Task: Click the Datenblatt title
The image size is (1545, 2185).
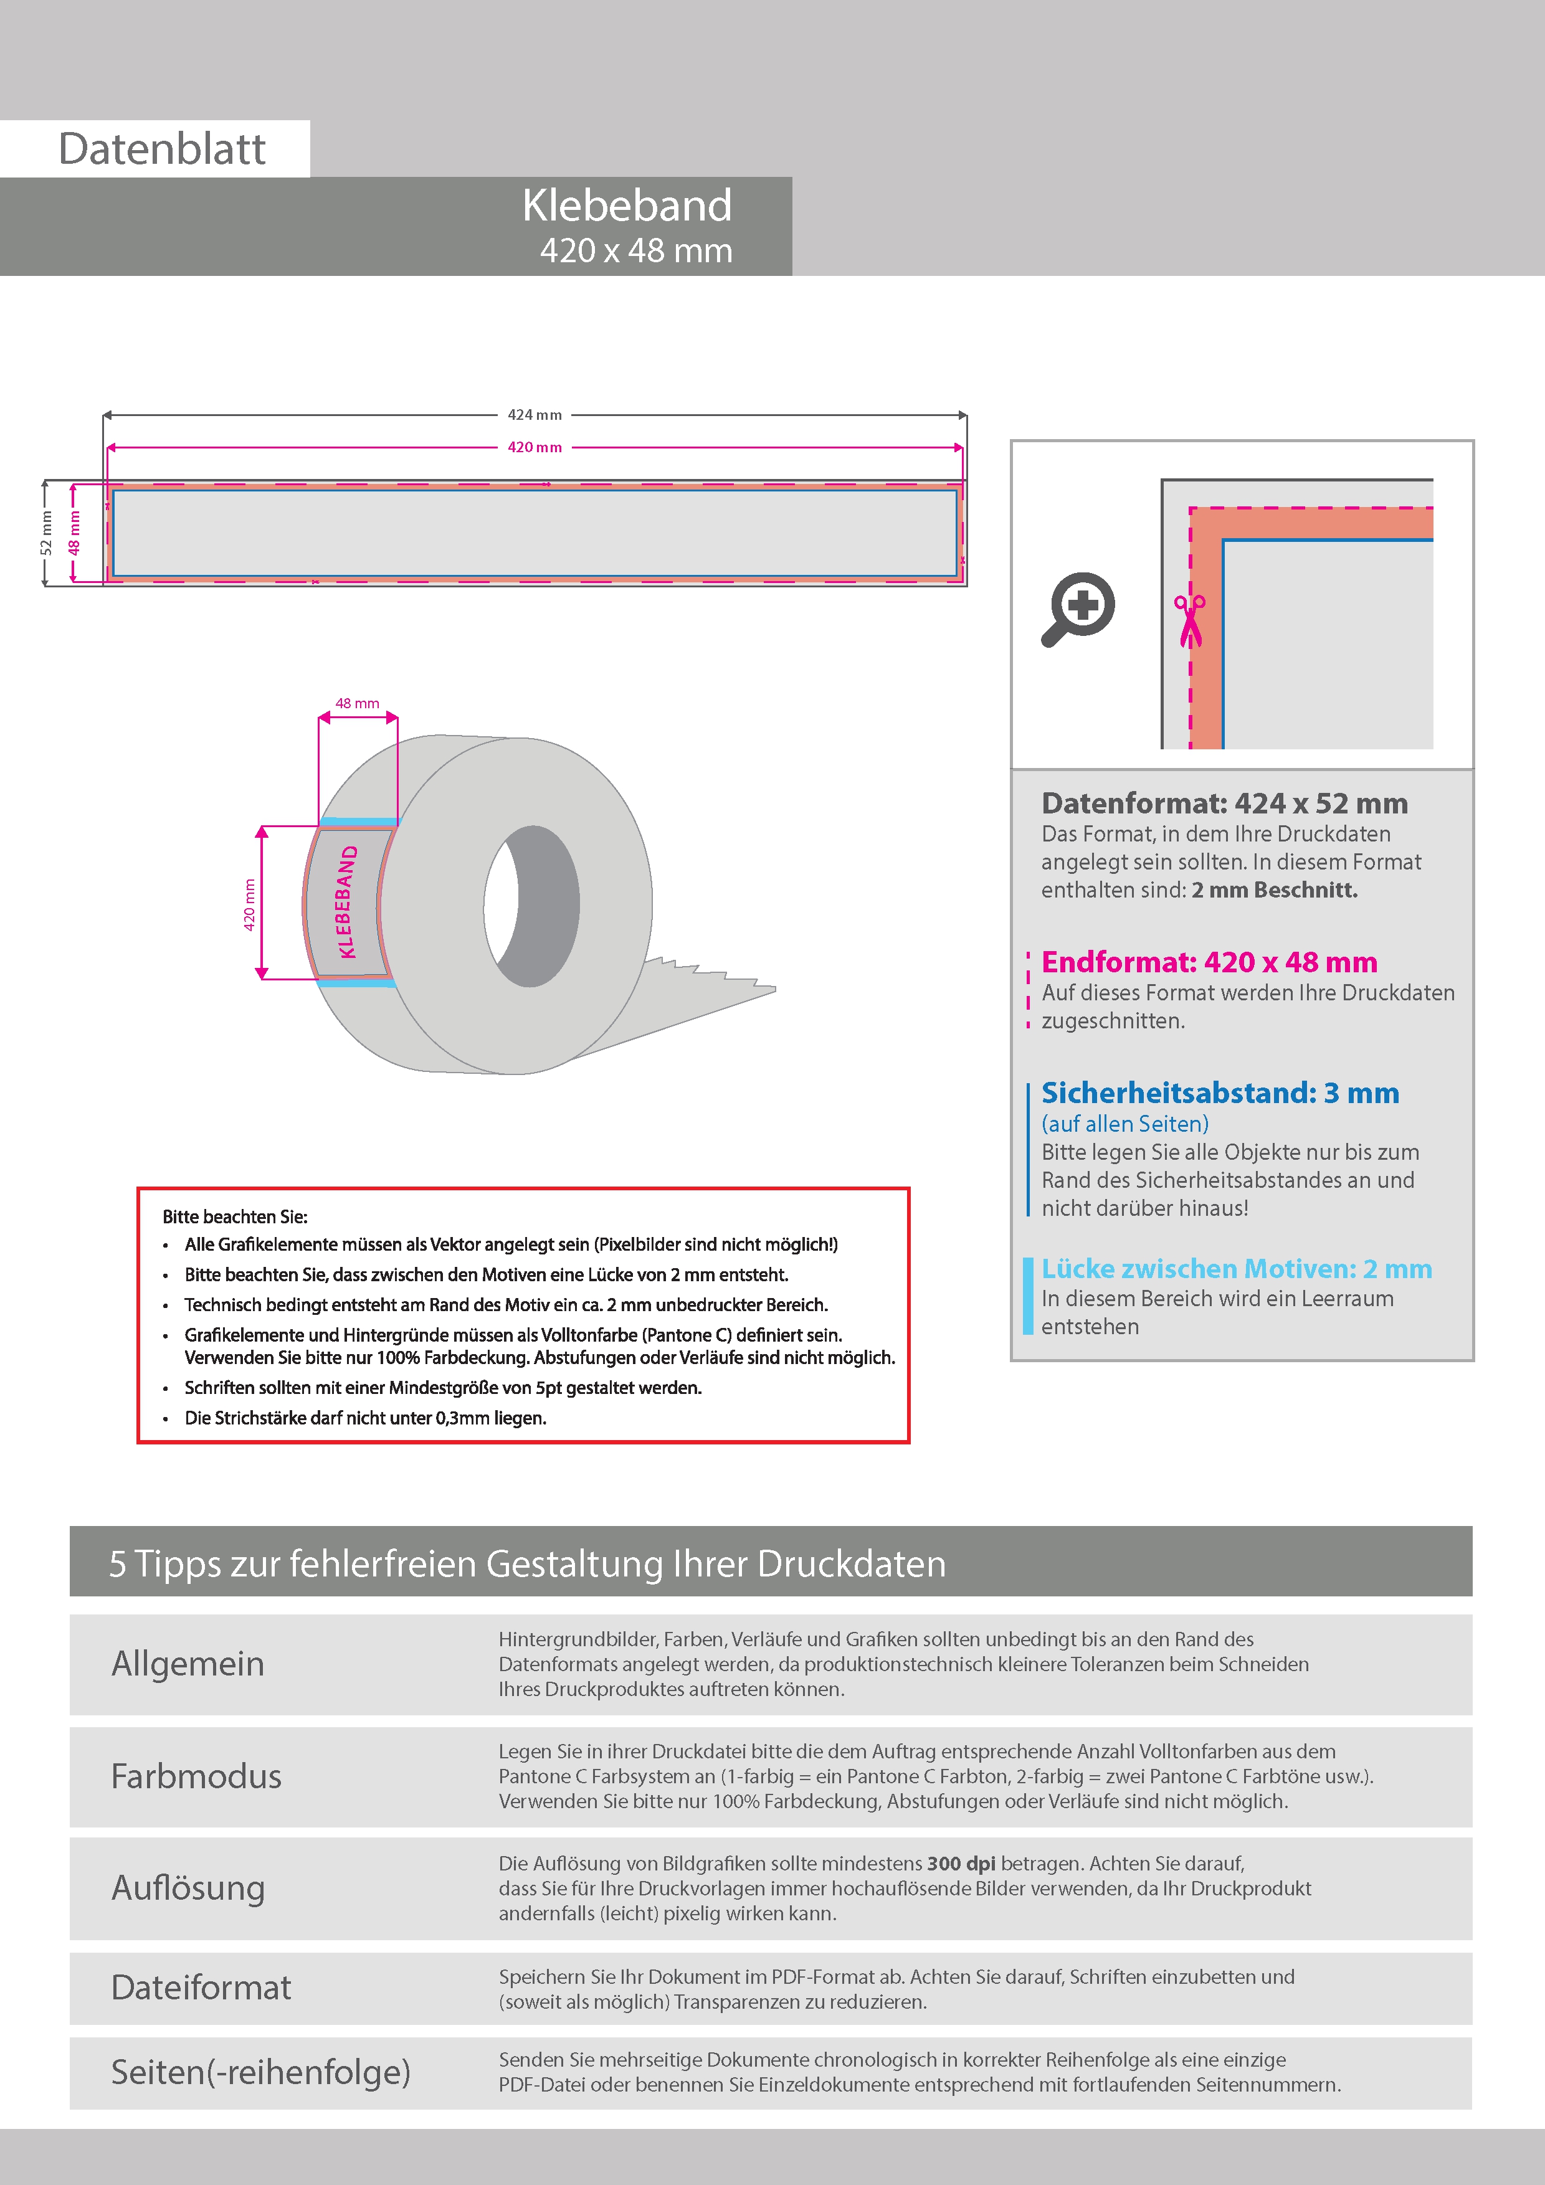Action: click(x=162, y=149)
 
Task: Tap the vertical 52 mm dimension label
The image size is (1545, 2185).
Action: click(x=45, y=533)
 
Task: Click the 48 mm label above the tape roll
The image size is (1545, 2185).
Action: click(x=357, y=703)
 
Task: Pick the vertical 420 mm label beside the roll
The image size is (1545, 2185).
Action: click(x=249, y=904)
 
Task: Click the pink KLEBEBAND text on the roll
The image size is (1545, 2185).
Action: click(x=348, y=901)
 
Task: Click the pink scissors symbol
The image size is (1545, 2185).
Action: click(x=1189, y=620)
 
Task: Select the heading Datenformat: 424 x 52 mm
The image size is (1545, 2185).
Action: click(x=1224, y=803)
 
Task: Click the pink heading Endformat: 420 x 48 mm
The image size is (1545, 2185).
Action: click(x=1209, y=962)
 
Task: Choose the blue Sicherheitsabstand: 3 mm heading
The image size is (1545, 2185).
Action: click(x=1219, y=1092)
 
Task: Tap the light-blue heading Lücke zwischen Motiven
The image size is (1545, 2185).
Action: click(x=1235, y=1269)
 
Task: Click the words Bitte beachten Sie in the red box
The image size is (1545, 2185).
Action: click(x=235, y=1216)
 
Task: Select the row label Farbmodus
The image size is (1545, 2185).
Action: click(x=196, y=1776)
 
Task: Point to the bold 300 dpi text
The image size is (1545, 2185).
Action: click(x=961, y=1864)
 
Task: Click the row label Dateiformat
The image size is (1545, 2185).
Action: click(x=201, y=1987)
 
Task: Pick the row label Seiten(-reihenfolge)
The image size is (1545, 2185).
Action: click(x=260, y=2072)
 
